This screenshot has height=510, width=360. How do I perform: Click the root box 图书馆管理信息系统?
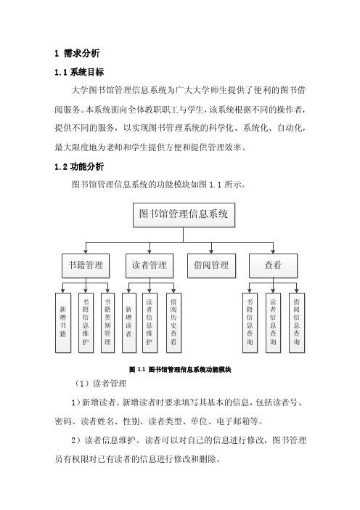184,214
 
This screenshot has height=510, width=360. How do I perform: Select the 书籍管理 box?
86,266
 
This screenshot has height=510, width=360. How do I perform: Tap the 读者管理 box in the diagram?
150,266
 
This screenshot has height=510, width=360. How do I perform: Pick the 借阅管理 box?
211,266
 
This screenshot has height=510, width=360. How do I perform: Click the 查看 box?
273,266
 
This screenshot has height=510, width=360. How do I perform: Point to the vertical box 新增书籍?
63,323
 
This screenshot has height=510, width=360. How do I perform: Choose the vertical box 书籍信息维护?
86,323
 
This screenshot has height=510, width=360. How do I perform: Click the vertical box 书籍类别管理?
108,323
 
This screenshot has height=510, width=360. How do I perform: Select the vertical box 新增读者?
129,323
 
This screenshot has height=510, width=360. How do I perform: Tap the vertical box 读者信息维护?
150,323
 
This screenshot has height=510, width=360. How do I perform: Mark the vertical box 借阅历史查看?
173,323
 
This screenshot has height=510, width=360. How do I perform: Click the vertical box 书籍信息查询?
250,323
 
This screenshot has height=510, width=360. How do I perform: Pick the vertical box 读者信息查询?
273,323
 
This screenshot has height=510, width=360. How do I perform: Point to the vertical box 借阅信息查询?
297,323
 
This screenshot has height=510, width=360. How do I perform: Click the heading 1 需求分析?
77,53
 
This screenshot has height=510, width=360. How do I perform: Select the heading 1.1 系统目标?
79,72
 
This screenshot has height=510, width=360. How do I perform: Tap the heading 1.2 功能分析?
79,167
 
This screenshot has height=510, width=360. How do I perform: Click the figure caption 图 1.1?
180,370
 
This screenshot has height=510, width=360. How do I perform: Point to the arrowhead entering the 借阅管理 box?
211,252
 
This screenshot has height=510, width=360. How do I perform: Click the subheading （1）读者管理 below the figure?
100,384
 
